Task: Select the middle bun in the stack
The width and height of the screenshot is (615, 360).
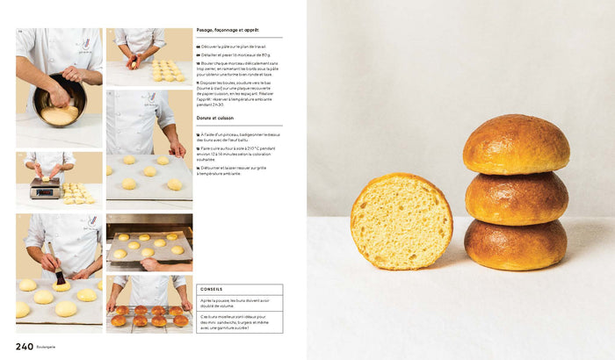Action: coord(516,198)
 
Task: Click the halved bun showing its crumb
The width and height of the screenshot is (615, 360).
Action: coord(401,220)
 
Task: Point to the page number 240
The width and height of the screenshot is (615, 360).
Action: coord(25,345)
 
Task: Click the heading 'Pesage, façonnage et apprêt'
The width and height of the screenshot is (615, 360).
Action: coord(228,30)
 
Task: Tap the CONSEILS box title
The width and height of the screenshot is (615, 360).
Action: coord(212,289)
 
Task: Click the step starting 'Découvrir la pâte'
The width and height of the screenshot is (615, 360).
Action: coord(233,47)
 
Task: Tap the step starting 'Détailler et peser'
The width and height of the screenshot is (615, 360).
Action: coord(233,54)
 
